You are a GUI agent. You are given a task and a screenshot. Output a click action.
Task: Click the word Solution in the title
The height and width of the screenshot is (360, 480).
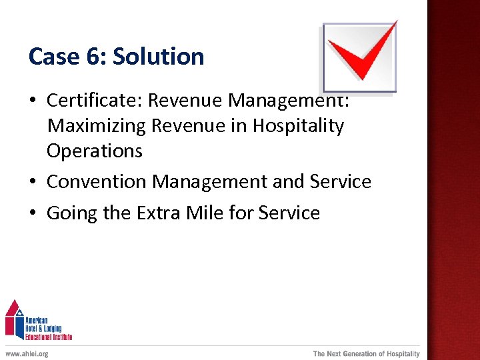tap(159, 57)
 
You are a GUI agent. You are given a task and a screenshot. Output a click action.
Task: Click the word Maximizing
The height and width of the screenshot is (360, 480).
tap(96, 126)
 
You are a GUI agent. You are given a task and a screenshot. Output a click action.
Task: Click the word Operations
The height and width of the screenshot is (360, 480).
tap(94, 151)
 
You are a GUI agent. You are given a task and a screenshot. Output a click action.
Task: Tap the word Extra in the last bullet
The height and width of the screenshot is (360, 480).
tap(160, 213)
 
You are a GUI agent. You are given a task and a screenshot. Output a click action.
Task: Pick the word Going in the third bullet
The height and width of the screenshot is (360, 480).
tap(70, 213)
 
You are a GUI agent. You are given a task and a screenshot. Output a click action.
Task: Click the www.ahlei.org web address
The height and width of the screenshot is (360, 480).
tap(27, 353)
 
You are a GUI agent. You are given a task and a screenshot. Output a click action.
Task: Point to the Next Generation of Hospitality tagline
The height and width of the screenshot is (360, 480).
tap(366, 353)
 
